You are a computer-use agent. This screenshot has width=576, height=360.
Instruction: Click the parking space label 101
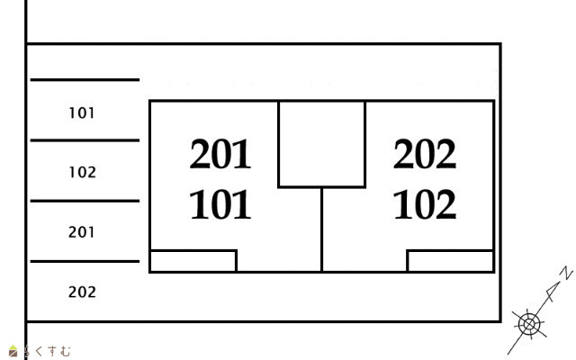(x=82, y=113)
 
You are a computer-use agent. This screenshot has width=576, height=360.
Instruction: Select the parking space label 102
(x=82, y=172)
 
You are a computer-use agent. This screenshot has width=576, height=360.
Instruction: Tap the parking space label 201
(x=82, y=232)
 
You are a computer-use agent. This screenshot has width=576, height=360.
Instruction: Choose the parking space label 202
(x=82, y=292)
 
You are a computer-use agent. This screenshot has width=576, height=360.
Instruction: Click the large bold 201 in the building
(x=220, y=155)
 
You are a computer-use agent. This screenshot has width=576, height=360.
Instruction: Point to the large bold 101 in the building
(x=220, y=205)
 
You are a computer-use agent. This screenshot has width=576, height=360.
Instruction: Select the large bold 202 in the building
(x=425, y=155)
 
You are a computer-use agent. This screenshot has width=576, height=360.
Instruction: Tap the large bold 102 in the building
(x=425, y=205)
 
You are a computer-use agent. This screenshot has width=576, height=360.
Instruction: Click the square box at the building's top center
(x=321, y=144)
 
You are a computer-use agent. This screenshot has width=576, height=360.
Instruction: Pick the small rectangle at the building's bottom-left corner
(x=193, y=261)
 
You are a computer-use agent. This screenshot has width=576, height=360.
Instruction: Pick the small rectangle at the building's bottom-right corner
(x=450, y=261)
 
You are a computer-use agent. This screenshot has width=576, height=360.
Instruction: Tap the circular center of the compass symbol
(x=528, y=322)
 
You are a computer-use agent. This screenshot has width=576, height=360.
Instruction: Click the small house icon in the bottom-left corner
(x=13, y=351)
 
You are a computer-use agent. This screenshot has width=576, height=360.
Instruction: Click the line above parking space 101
(x=85, y=80)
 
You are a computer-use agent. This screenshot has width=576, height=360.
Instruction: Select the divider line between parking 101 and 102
(x=85, y=140)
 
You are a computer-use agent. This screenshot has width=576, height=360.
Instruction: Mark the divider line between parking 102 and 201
(x=85, y=201)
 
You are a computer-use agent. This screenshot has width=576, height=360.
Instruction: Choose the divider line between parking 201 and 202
(x=85, y=261)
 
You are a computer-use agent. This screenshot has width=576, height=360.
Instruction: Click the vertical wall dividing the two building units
(x=321, y=229)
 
